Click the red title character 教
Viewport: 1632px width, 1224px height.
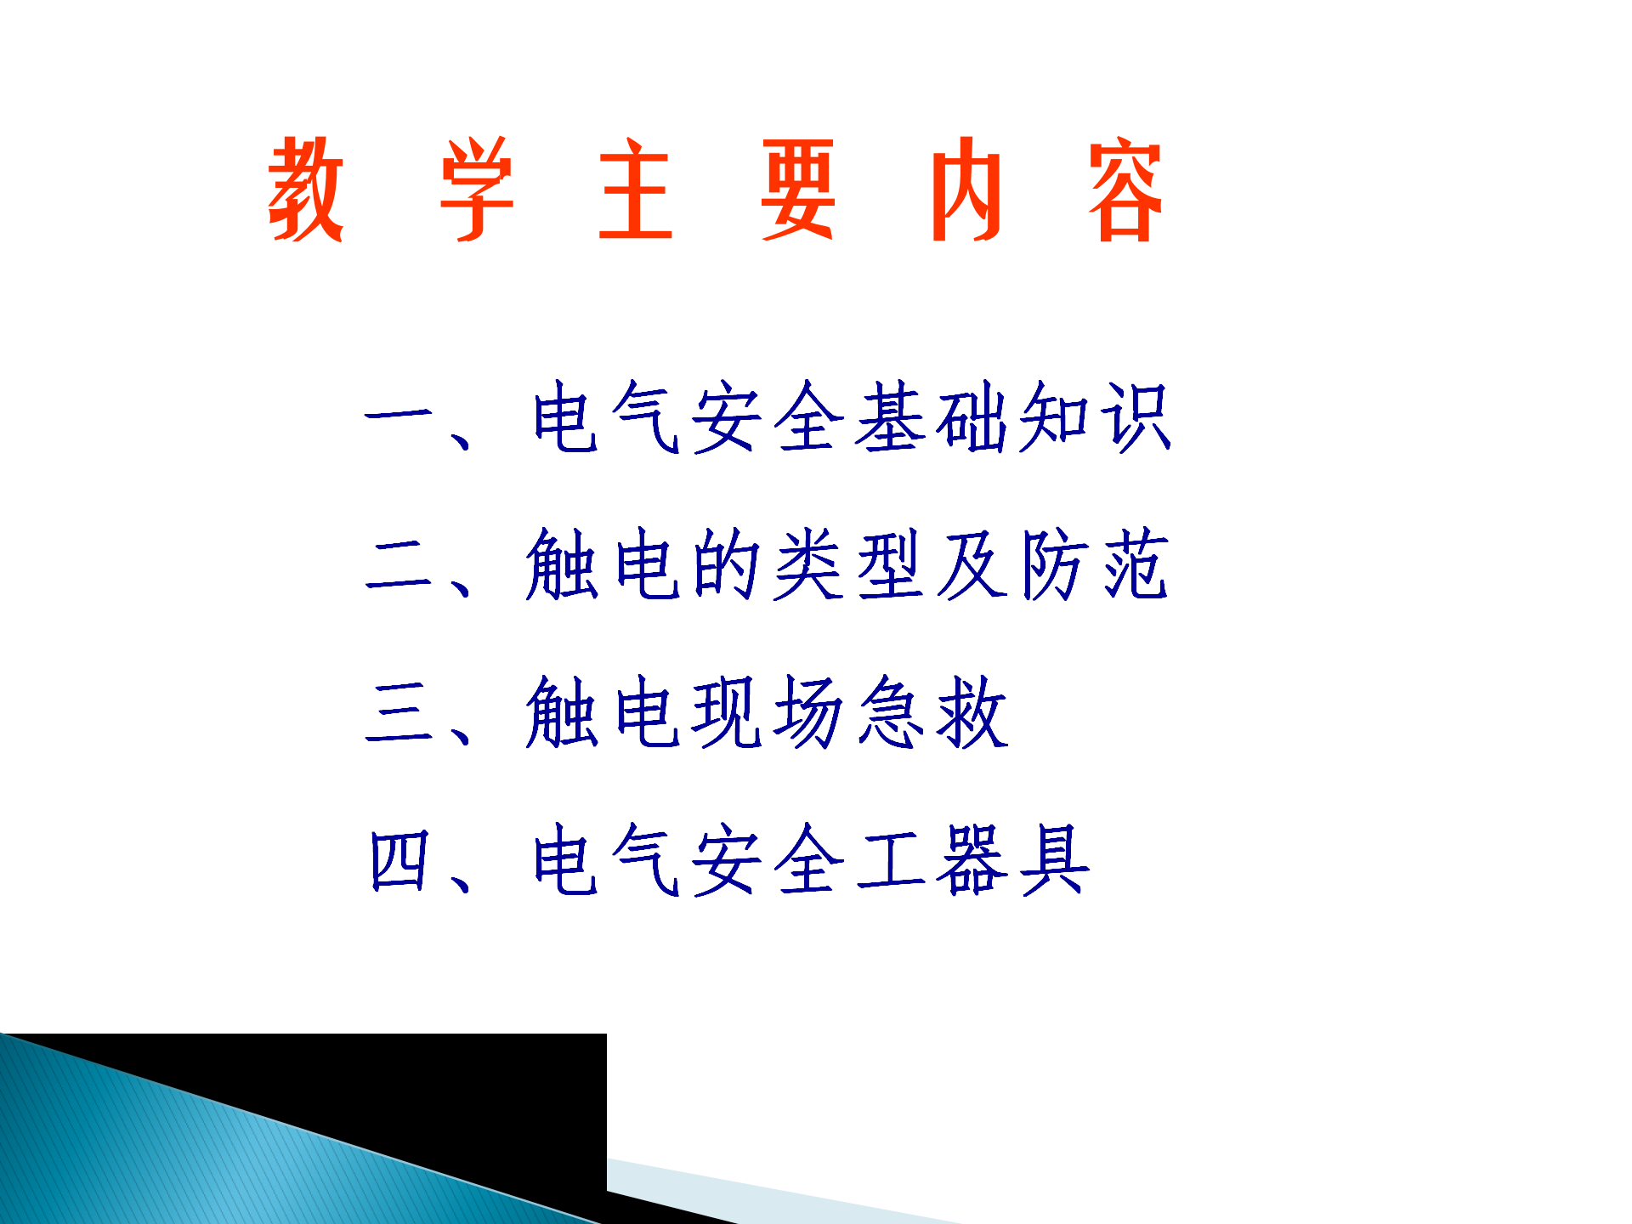click(x=306, y=189)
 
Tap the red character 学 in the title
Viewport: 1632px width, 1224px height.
click(x=477, y=189)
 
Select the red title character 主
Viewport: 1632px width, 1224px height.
click(x=636, y=189)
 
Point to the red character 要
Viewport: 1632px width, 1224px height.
click(x=797, y=189)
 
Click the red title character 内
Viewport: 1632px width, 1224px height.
click(x=966, y=189)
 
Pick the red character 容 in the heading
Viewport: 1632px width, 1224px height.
click(x=1125, y=189)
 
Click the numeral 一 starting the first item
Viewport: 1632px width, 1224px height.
click(x=399, y=416)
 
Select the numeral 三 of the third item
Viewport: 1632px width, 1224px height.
click(x=399, y=711)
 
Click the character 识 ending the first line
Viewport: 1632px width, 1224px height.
click(x=1136, y=416)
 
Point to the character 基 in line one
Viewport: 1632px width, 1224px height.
click(x=890, y=416)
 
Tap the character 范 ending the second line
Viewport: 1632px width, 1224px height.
click(x=1136, y=564)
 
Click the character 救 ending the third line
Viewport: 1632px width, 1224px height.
click(x=972, y=711)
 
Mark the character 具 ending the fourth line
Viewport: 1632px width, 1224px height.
click(x=1055, y=860)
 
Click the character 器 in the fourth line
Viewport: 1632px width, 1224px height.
click(x=972, y=860)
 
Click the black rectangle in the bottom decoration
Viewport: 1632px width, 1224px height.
click(x=425, y=1096)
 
